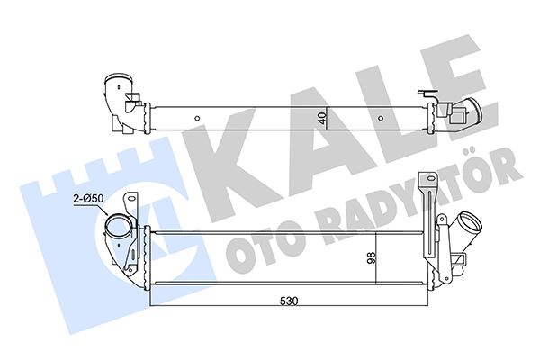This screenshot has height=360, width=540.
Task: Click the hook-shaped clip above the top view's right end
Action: coord(426,94)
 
